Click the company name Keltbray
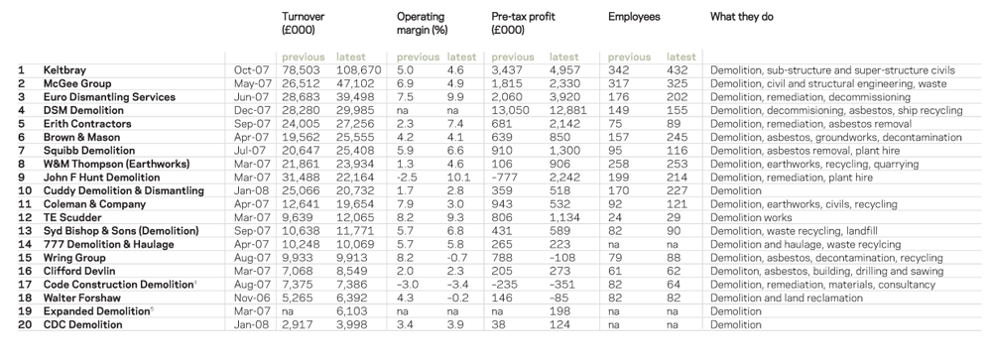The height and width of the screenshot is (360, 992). coord(64,70)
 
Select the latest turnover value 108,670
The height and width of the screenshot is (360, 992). coord(359,70)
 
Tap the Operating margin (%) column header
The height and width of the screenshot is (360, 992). coord(421,23)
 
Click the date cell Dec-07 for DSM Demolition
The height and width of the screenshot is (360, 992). coord(251,111)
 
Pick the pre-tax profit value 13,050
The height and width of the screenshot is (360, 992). coord(511,111)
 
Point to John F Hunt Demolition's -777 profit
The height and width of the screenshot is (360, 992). coord(504,178)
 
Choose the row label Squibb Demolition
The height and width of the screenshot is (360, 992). coord(89,151)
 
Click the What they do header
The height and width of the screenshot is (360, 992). coord(741,17)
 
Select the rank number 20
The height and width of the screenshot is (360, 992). coord(26,324)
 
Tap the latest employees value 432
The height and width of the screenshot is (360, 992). coord(677,70)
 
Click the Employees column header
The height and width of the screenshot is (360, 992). coord(634,17)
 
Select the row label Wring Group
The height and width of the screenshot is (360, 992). coord(74,258)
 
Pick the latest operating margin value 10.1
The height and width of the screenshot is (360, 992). coord(458,178)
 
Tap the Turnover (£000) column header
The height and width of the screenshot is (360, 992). coord(303,23)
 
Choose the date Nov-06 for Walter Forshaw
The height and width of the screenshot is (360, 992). coord(252,298)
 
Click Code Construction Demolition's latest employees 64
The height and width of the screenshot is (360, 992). coord(674,285)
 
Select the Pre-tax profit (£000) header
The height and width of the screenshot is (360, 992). coord(523,23)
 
